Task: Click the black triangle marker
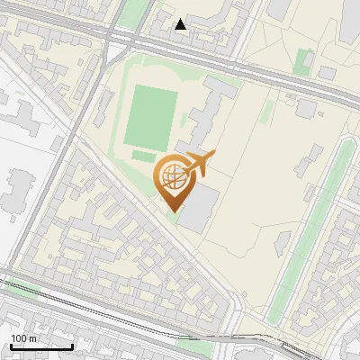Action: pyautogui.click(x=181, y=24)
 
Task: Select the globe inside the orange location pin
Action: pyautogui.click(x=171, y=174)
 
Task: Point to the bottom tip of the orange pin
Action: pyautogui.click(x=172, y=211)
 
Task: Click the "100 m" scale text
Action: pyautogui.click(x=23, y=338)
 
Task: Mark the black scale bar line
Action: pyautogui.click(x=41, y=346)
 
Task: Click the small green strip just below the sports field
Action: pyautogui.click(x=144, y=156)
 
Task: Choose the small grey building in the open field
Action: pyautogui.click(x=308, y=108)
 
